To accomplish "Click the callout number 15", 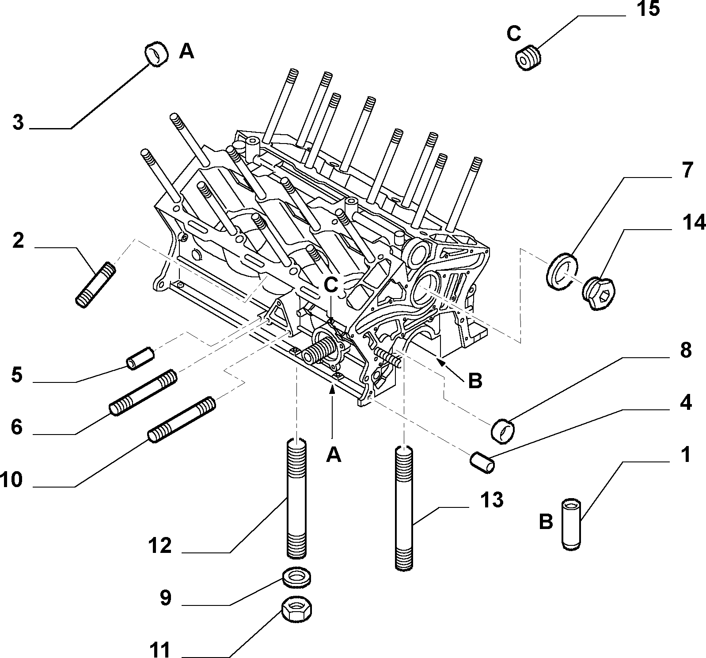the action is tap(648, 9).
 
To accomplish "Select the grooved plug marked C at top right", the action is tap(528, 58).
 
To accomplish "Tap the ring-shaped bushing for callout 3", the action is tap(156, 54).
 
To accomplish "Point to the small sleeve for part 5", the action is tap(140, 358).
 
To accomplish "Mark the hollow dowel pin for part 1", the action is tap(572, 525).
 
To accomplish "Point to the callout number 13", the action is tap(491, 500).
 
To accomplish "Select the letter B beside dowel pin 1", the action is tap(546, 522).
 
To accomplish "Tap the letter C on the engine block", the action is tap(331, 285).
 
